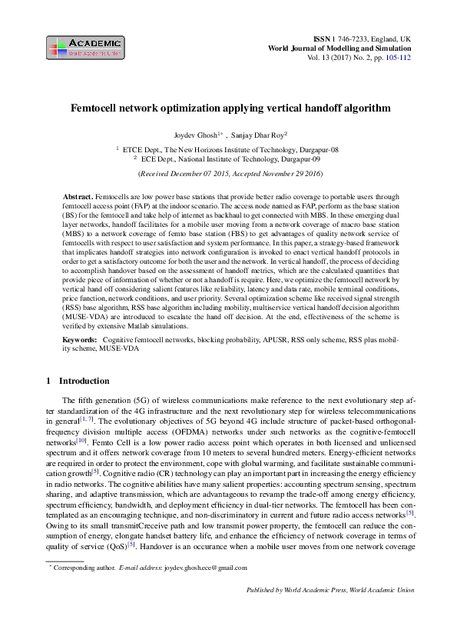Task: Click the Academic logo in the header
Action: [x=84, y=48]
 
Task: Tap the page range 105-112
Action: [x=397, y=57]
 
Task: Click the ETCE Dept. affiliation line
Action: [x=231, y=149]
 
